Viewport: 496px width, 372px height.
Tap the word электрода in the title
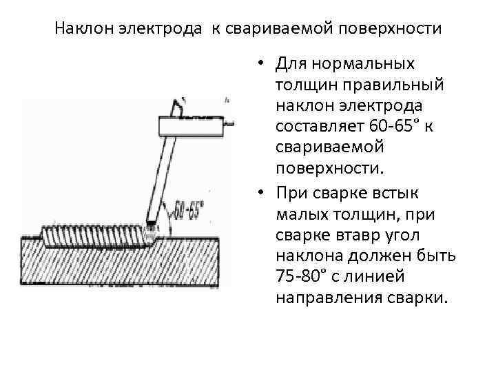coord(153,30)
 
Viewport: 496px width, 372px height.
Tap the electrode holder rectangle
coord(192,125)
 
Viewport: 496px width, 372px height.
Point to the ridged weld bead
coord(96,236)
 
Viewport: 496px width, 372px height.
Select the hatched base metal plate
coord(121,265)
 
